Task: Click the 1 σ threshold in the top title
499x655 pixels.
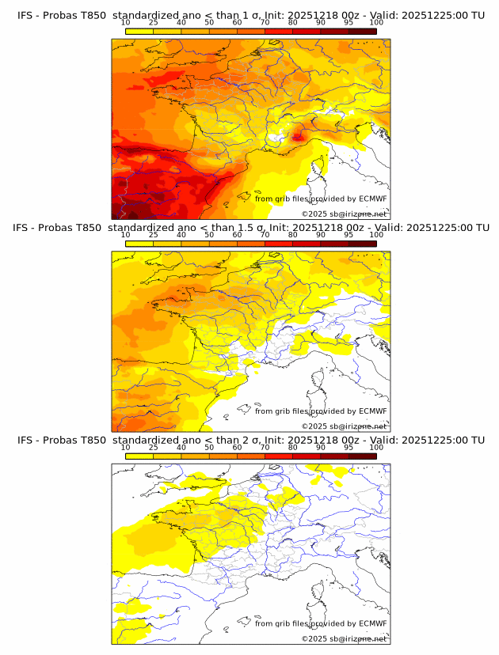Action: [x=254, y=14]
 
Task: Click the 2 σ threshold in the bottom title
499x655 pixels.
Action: [x=253, y=441]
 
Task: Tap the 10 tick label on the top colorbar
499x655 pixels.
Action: [x=126, y=22]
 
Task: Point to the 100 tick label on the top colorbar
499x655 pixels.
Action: [x=376, y=22]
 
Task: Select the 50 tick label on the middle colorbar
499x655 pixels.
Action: [x=209, y=235]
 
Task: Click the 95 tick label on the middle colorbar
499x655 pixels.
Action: [x=349, y=235]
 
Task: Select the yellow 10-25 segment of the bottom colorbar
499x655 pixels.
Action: [x=139, y=456]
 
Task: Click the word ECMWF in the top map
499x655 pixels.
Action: [x=373, y=199]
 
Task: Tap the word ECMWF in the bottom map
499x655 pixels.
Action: [x=373, y=623]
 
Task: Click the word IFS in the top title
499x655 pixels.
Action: [x=26, y=14]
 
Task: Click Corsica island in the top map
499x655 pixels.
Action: [x=322, y=168]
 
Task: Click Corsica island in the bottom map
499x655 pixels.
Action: [x=322, y=593]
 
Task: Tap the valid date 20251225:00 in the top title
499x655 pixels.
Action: [x=440, y=14]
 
